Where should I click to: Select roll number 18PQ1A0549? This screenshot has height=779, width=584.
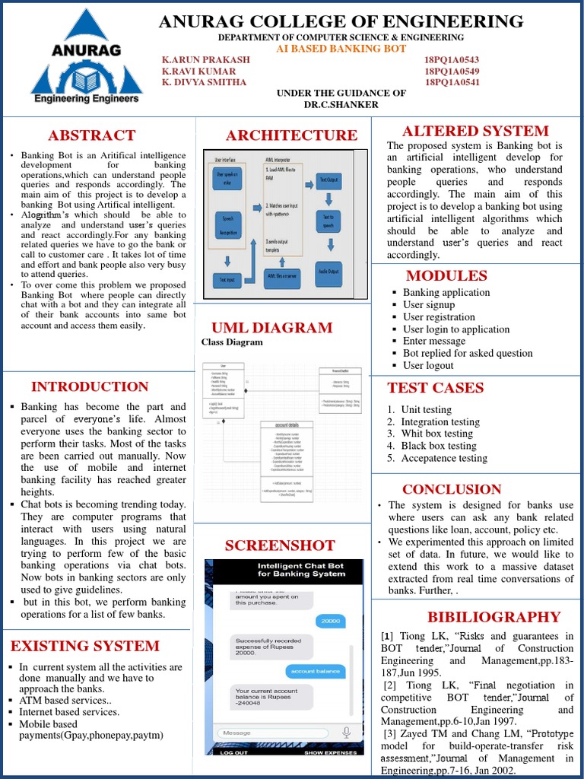tap(452, 71)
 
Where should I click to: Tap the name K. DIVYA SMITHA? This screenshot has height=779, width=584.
tap(204, 82)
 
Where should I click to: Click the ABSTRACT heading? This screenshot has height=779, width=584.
tap(91, 135)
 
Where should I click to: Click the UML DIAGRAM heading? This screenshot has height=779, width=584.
tap(271, 328)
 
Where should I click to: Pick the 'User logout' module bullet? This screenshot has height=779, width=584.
tap(428, 365)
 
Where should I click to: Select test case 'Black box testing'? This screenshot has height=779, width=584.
tap(439, 446)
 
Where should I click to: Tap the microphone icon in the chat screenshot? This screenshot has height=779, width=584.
tap(347, 732)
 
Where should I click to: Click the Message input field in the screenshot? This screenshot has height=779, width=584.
tap(274, 733)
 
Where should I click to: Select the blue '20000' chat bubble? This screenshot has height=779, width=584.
tap(330, 621)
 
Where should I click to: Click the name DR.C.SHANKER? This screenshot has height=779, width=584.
tap(341, 104)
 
